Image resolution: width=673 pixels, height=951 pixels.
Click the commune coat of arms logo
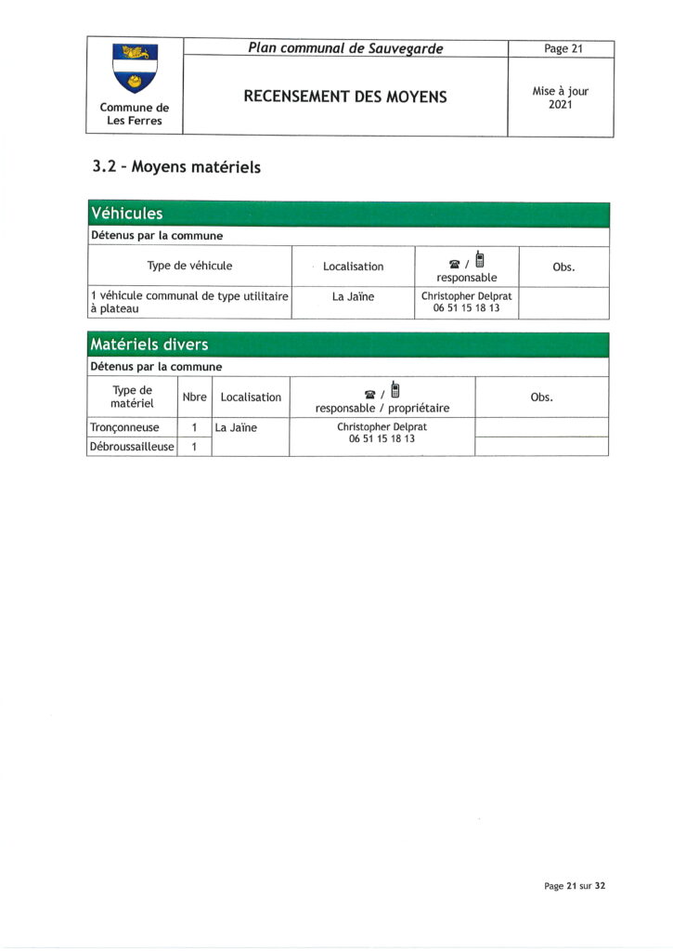pyautogui.click(x=135, y=69)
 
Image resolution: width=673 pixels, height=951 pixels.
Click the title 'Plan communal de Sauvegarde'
pyautogui.click(x=345, y=48)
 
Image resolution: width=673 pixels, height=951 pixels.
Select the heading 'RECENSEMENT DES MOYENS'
pyautogui.click(x=345, y=97)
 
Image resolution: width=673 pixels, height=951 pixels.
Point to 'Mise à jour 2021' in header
pyautogui.click(x=561, y=98)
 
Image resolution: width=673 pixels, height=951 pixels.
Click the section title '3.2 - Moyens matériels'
pyautogui.click(x=176, y=167)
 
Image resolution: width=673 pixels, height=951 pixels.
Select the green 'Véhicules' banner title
pyautogui.click(x=126, y=215)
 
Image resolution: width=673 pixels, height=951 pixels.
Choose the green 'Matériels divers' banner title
pyautogui.click(x=149, y=345)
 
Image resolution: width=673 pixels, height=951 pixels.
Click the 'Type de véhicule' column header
pyautogui.click(x=189, y=266)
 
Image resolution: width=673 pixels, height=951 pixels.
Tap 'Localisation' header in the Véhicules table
pyautogui.click(x=353, y=267)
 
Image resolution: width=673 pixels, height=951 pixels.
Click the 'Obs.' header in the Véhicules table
pyautogui.click(x=563, y=267)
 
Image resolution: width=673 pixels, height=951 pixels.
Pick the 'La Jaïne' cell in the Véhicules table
pyautogui.click(x=353, y=297)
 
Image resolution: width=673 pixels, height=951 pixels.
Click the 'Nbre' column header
pyautogui.click(x=194, y=397)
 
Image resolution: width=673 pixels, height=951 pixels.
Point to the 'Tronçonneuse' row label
pyautogui.click(x=123, y=428)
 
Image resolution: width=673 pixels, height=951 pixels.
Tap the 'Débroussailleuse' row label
pyautogui.click(x=131, y=447)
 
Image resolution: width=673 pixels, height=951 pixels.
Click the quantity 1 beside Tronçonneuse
pyautogui.click(x=194, y=428)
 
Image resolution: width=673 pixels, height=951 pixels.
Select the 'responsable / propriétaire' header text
pyautogui.click(x=382, y=408)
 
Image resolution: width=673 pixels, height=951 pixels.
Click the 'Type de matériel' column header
pyautogui.click(x=131, y=397)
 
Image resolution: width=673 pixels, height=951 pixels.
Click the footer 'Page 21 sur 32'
pyautogui.click(x=575, y=886)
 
